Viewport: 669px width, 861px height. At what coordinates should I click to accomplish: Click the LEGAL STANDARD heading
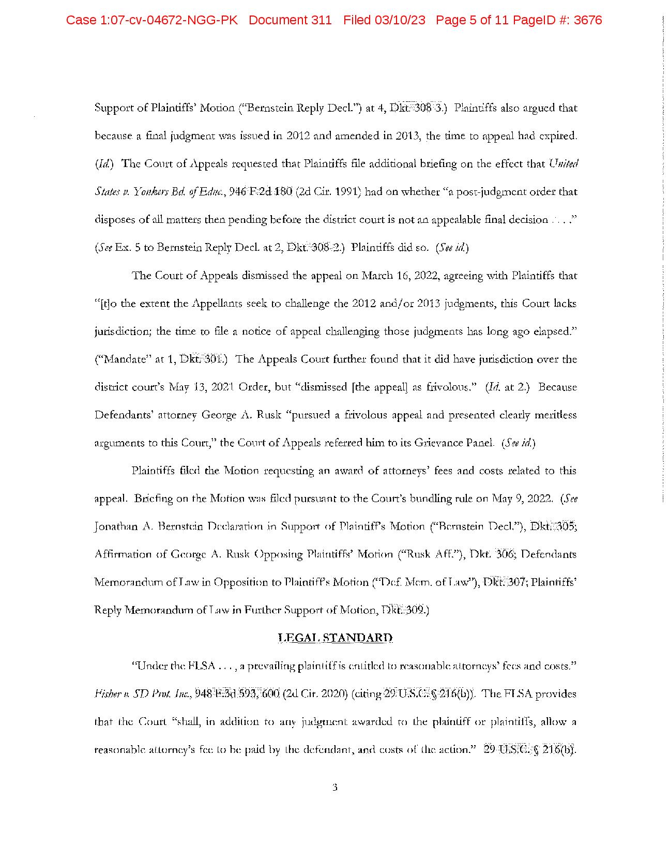pos(335,638)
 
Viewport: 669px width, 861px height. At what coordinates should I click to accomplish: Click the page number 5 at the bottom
pos(334,788)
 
